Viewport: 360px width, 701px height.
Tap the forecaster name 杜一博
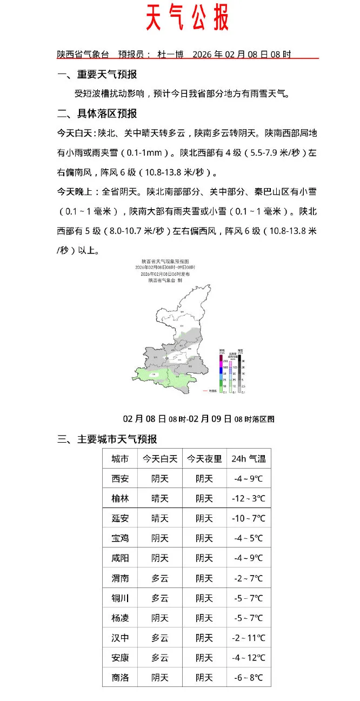pos(170,55)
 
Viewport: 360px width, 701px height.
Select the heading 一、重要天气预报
pos(97,75)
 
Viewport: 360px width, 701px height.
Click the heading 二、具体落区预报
pos(97,114)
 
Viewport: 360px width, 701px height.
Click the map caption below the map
pos(198,419)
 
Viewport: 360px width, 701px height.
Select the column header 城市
pos(120,459)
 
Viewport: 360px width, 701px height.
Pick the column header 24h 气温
pos(248,459)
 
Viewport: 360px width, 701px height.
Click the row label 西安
pos(120,479)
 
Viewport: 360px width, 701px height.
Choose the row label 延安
pos(120,519)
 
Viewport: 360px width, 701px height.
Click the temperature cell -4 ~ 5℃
pos(249,539)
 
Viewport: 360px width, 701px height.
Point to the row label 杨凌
pos(120,618)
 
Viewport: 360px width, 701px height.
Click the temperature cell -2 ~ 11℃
pos(249,638)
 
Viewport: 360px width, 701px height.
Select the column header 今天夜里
pos(204,459)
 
